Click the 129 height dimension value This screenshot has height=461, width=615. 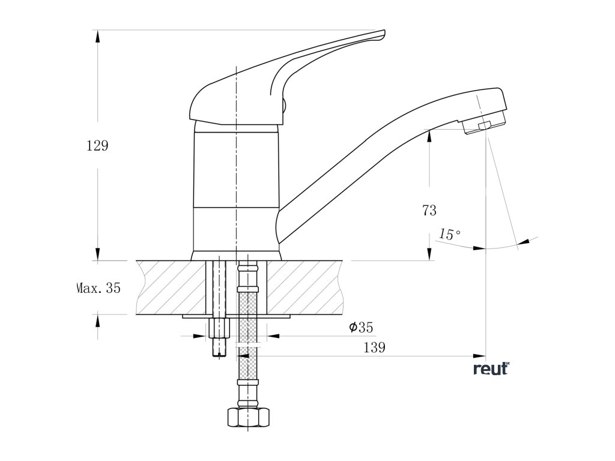click(98, 146)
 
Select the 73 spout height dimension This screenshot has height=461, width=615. click(429, 210)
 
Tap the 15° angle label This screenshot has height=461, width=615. click(450, 234)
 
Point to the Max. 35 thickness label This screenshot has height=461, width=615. click(98, 288)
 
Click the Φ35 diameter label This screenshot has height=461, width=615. click(361, 327)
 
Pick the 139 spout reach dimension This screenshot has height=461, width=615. click(374, 348)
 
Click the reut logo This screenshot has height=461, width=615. click(491, 369)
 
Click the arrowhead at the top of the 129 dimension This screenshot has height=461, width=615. click(97, 35)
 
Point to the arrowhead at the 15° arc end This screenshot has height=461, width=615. click(524, 241)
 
